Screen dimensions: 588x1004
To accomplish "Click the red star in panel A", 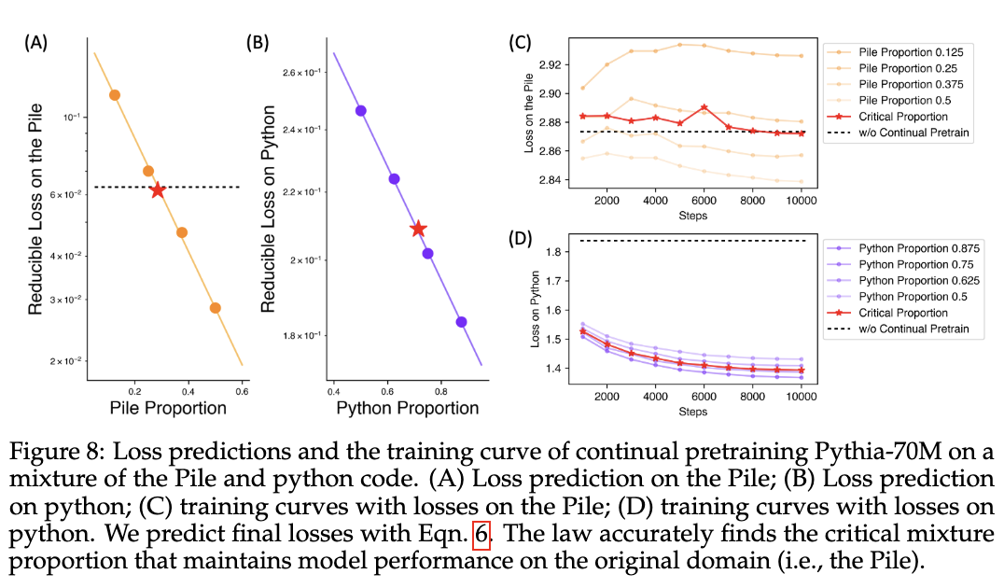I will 158,189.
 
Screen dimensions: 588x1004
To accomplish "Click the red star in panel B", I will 418,229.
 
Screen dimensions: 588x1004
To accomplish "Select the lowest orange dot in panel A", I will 216,308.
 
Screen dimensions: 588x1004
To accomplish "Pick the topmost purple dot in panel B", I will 361,110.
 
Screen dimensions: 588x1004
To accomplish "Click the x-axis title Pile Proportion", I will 168,408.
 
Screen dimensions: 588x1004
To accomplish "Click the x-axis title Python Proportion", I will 407,408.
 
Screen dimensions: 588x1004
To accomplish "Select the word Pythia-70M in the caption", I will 700,456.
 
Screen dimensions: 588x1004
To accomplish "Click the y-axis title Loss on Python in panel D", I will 537,309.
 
